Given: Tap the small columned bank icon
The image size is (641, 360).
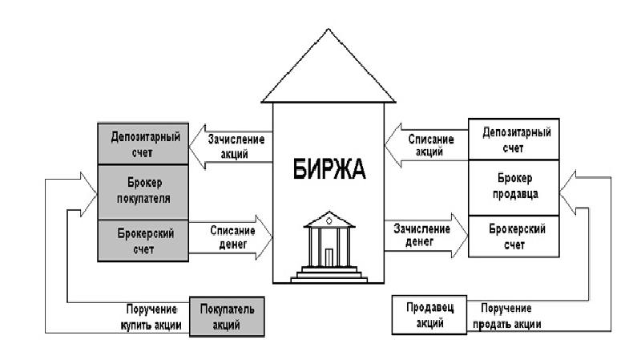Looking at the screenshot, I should click(x=329, y=245).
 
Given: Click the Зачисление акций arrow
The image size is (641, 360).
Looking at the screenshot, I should click(x=232, y=146).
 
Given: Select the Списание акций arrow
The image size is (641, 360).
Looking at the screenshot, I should click(x=425, y=144).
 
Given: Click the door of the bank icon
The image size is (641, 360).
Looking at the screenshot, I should click(x=329, y=257).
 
